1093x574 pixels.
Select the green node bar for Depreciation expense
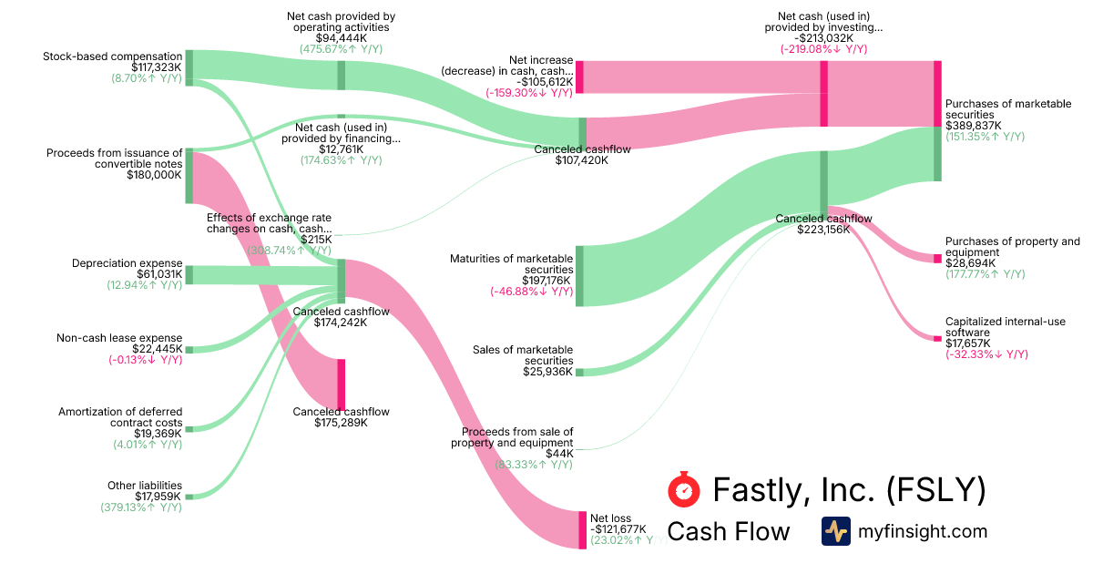189,274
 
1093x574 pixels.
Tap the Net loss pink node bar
583,529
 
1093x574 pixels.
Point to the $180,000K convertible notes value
155,175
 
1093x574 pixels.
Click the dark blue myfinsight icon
835,531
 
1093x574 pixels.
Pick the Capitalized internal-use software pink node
937,338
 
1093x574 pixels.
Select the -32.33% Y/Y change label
986,354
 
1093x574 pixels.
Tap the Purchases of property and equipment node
937,259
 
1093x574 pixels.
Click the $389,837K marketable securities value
973,126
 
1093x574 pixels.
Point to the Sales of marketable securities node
579,372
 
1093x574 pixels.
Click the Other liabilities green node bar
189,497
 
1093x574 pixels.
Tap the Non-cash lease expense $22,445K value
157,349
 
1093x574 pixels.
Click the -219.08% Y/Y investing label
823,49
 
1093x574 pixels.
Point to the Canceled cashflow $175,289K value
341,423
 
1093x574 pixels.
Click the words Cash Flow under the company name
729,531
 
